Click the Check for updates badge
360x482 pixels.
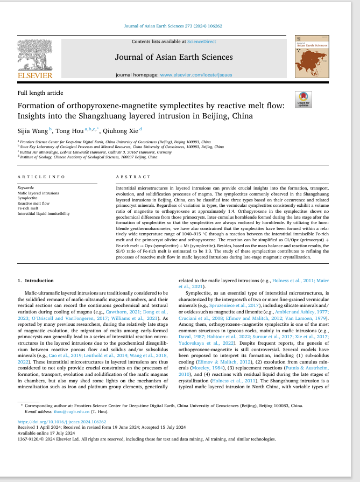pyautogui.click(x=303, y=100)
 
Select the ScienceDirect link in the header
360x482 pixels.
pyautogui.click(x=201, y=41)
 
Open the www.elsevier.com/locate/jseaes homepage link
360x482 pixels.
pyautogui.click(x=196, y=75)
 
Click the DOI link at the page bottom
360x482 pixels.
pyautogui.click(x=62, y=422)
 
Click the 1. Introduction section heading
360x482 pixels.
pyautogui.click(x=36, y=281)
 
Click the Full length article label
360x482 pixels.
pyautogui.click(x=40, y=93)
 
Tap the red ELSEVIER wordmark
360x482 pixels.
pyautogui.click(x=36, y=75)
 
